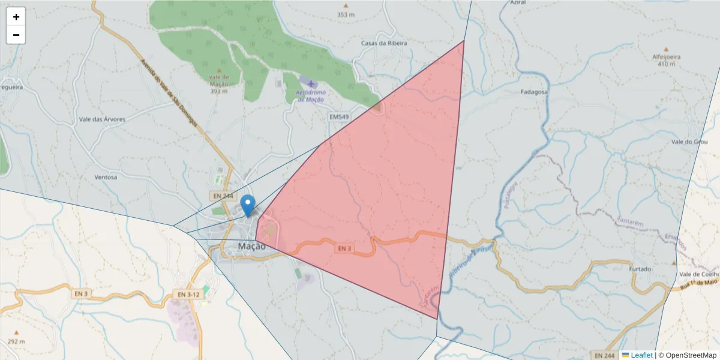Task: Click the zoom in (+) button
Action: (x=16, y=17)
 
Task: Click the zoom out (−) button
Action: (x=16, y=35)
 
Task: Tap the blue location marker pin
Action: (x=247, y=206)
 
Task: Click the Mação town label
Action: (x=251, y=246)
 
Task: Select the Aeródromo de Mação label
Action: (x=310, y=96)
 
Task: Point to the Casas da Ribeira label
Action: (x=384, y=43)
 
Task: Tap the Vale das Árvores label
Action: (x=102, y=119)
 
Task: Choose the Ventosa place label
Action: (x=106, y=178)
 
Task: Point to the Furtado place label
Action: (x=640, y=269)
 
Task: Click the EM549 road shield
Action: (x=339, y=116)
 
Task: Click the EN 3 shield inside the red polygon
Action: (x=344, y=248)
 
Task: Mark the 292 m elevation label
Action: (x=17, y=341)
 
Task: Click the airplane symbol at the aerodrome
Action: (x=311, y=83)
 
